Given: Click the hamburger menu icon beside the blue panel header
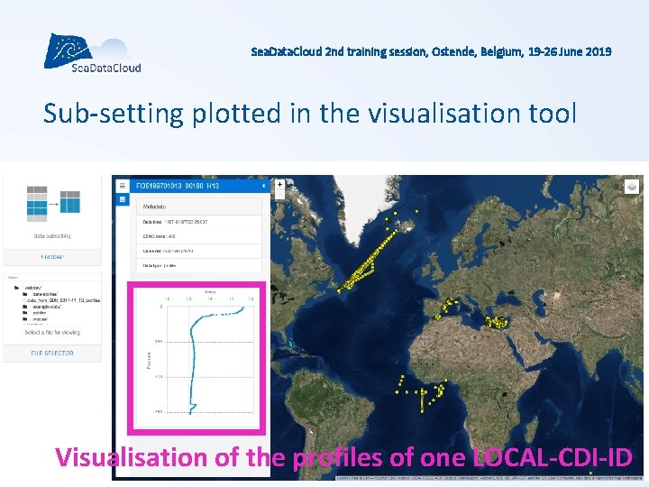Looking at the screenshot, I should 123,185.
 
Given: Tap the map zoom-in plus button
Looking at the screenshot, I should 280,184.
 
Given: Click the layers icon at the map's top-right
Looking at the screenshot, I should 632,186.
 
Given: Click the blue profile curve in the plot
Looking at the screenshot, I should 190,361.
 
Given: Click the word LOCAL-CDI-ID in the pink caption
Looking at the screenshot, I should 552,457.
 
